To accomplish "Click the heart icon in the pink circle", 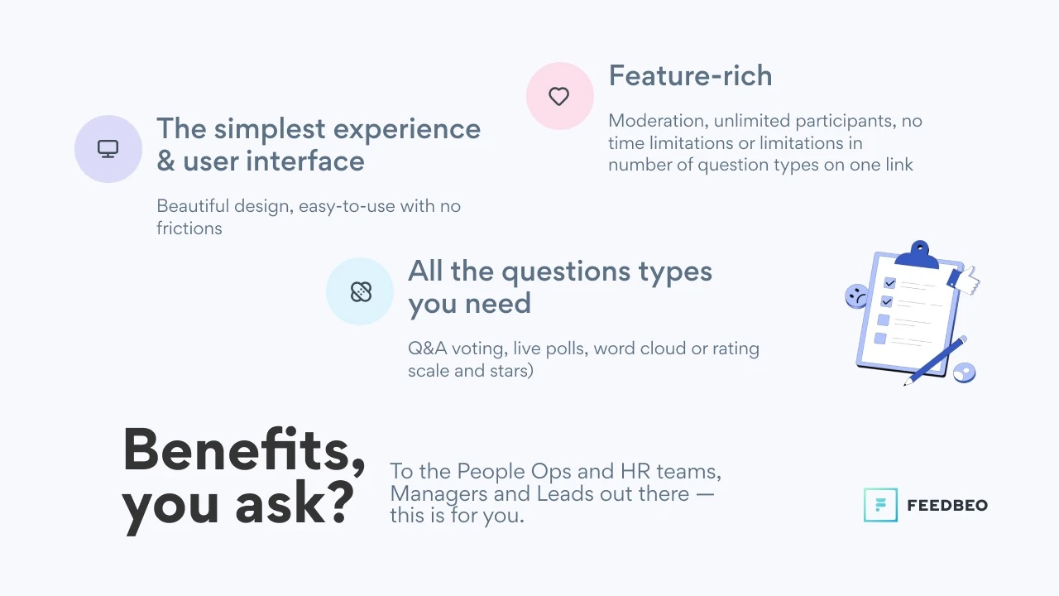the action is click(558, 97).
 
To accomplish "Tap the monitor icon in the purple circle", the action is click(108, 149).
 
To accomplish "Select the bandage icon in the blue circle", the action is click(361, 291).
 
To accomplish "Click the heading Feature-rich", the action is click(690, 75).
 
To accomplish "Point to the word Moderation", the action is click(658, 121).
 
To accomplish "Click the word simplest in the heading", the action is click(270, 130).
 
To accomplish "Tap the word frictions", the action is click(189, 228).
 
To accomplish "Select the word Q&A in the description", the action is click(428, 348).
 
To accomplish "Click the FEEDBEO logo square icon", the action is click(880, 505).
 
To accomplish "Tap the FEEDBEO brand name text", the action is click(947, 506).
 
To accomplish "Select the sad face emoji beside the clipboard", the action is click(856, 296).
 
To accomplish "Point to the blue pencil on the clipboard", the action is click(935, 360).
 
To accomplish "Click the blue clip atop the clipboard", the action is click(918, 256).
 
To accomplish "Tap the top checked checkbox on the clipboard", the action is click(889, 283).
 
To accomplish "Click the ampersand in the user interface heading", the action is click(166, 161).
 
